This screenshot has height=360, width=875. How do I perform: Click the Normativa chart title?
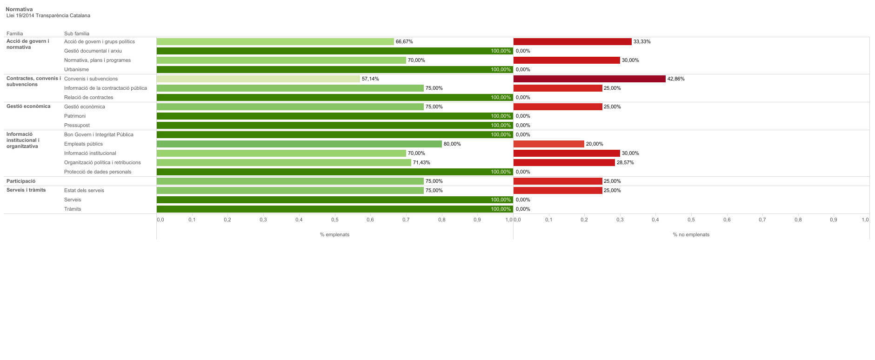19,9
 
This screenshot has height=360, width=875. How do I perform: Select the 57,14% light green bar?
258,79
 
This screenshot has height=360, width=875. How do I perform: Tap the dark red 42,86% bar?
589,79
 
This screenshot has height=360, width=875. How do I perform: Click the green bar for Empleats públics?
299,144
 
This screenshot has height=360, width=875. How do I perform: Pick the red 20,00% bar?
548,144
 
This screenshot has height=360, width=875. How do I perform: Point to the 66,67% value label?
404,42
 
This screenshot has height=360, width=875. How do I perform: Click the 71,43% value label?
421,163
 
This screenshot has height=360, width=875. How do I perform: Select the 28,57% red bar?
564,163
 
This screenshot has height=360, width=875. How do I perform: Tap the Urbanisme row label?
76,70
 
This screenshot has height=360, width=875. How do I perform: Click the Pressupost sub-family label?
77,126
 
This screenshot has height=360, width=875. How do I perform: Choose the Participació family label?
21,181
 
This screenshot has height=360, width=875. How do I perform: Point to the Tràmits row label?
73,209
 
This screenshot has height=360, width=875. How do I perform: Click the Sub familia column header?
77,33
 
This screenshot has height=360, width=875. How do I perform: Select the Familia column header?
14,33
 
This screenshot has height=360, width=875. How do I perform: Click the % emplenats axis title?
334,235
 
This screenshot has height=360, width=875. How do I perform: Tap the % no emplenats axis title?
691,235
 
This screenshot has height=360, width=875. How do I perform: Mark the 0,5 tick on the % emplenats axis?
334,220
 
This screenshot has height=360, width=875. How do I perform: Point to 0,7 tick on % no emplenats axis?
762,220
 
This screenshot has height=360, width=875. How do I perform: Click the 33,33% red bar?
572,42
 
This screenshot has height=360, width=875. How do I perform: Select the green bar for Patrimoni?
334,116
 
